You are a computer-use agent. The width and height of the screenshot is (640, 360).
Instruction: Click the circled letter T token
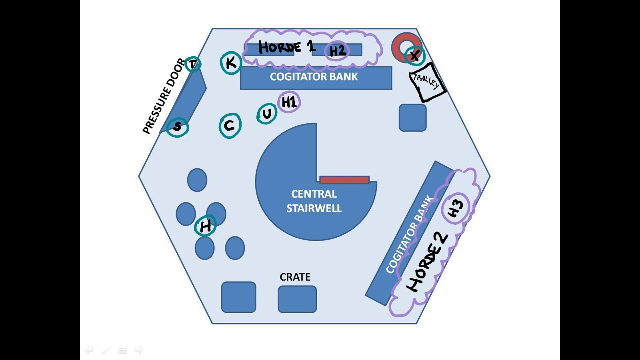(x=193, y=64)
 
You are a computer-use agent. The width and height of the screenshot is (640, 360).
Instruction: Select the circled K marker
(x=231, y=63)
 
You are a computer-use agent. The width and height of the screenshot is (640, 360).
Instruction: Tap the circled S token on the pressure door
(x=177, y=127)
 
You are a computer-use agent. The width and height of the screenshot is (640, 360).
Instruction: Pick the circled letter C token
(x=230, y=126)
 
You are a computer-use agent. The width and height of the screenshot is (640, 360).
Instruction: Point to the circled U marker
(x=267, y=114)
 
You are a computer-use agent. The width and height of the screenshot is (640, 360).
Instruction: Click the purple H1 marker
(x=289, y=102)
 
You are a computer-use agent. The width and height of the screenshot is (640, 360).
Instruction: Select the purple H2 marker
(x=337, y=51)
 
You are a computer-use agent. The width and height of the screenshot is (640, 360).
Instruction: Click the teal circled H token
(x=205, y=226)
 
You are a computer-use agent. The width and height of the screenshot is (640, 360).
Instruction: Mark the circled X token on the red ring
(x=415, y=55)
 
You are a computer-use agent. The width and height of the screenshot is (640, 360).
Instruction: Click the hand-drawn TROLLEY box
(x=427, y=82)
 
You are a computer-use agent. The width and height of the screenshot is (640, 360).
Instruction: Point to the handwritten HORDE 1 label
(x=286, y=47)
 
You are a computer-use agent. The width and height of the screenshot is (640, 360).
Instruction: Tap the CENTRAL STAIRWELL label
(x=314, y=201)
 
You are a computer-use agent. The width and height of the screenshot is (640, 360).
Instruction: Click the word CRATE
(x=295, y=277)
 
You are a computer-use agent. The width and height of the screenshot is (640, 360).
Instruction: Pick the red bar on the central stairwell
(x=344, y=180)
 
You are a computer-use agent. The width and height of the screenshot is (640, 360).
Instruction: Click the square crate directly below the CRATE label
(x=297, y=299)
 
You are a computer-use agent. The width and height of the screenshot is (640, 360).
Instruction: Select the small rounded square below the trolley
(x=413, y=118)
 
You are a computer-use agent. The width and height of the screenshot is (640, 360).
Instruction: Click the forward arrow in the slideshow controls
(x=139, y=350)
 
